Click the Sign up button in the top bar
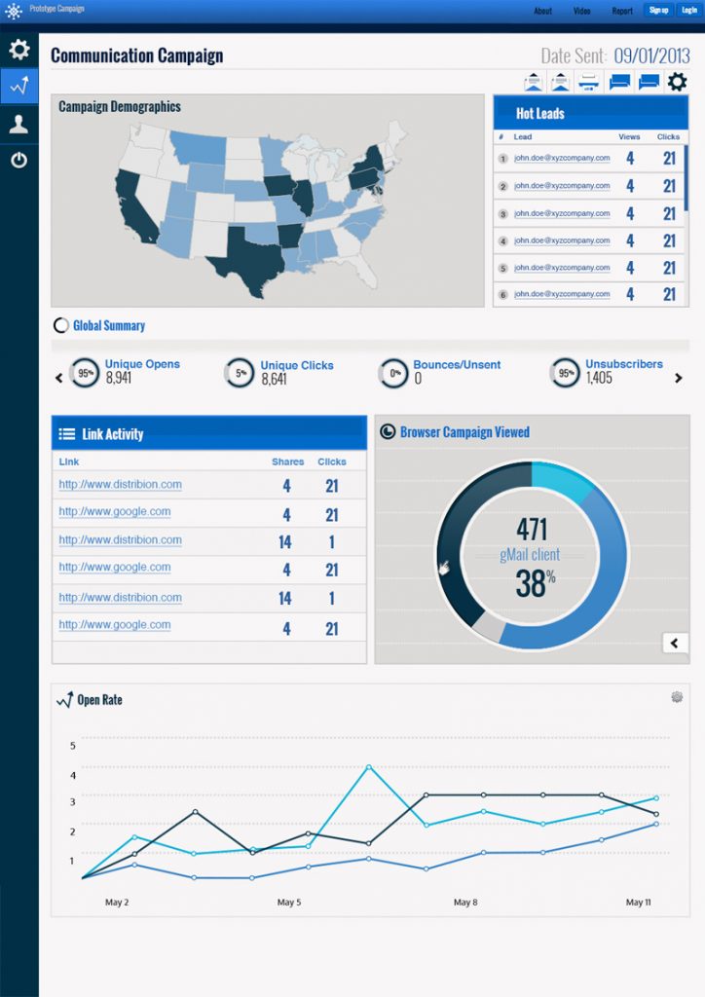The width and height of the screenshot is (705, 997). point(658,10)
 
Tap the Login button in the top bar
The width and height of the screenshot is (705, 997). point(688,10)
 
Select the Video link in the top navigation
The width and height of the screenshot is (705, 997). point(581,11)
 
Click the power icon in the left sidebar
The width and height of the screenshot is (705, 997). point(19,160)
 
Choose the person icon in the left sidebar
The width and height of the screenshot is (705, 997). point(19,124)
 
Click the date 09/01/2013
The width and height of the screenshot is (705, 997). point(651,55)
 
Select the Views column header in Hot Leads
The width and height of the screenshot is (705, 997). point(629,137)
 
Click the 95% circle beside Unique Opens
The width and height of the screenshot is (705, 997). point(86,373)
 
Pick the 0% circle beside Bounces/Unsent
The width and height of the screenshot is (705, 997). point(395,373)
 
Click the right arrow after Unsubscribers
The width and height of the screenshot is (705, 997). point(679,378)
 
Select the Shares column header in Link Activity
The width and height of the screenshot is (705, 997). point(287,462)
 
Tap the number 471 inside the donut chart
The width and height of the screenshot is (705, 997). point(532,530)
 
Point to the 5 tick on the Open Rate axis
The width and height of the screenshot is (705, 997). point(72,746)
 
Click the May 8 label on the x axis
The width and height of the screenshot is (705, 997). point(465,903)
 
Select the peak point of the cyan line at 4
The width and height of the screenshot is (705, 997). point(369,767)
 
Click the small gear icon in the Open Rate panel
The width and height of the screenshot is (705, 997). point(677,697)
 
